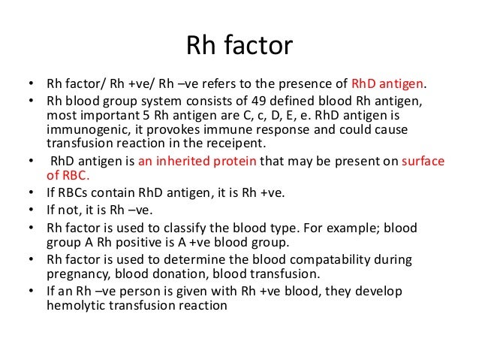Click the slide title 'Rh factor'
[x=239, y=47]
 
